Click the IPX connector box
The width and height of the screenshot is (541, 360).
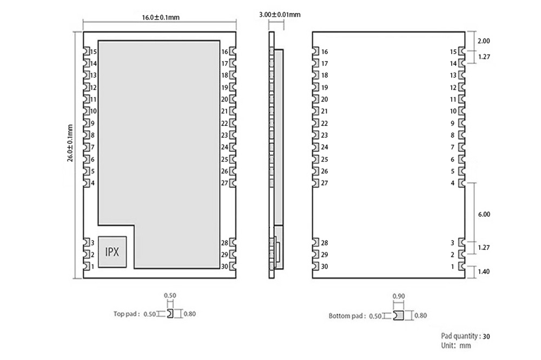[x=112, y=252]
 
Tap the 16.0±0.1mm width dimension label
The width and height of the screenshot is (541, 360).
[x=161, y=17]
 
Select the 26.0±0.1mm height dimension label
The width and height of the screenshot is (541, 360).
[x=70, y=143]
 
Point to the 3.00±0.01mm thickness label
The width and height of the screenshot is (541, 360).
[x=280, y=15]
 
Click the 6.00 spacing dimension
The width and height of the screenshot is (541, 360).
[x=484, y=214]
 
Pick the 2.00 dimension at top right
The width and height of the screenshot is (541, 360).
[x=484, y=41]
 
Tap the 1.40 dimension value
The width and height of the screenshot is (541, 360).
[x=484, y=271]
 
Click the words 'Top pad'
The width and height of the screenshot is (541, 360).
[x=126, y=314]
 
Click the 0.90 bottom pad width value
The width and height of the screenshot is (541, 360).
[x=399, y=296]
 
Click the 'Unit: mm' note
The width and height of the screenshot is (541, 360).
[x=456, y=345]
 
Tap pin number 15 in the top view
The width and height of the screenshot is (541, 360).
[x=94, y=52]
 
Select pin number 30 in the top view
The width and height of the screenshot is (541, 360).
[x=225, y=266]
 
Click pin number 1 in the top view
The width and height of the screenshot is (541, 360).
[x=93, y=266]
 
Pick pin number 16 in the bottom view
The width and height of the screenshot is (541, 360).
[x=325, y=52]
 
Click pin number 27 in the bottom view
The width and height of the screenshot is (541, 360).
[x=325, y=183]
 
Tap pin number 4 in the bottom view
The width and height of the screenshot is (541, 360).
[x=453, y=183]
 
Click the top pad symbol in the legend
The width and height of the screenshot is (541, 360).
[x=170, y=314]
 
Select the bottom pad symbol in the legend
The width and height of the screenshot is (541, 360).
[x=399, y=316]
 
